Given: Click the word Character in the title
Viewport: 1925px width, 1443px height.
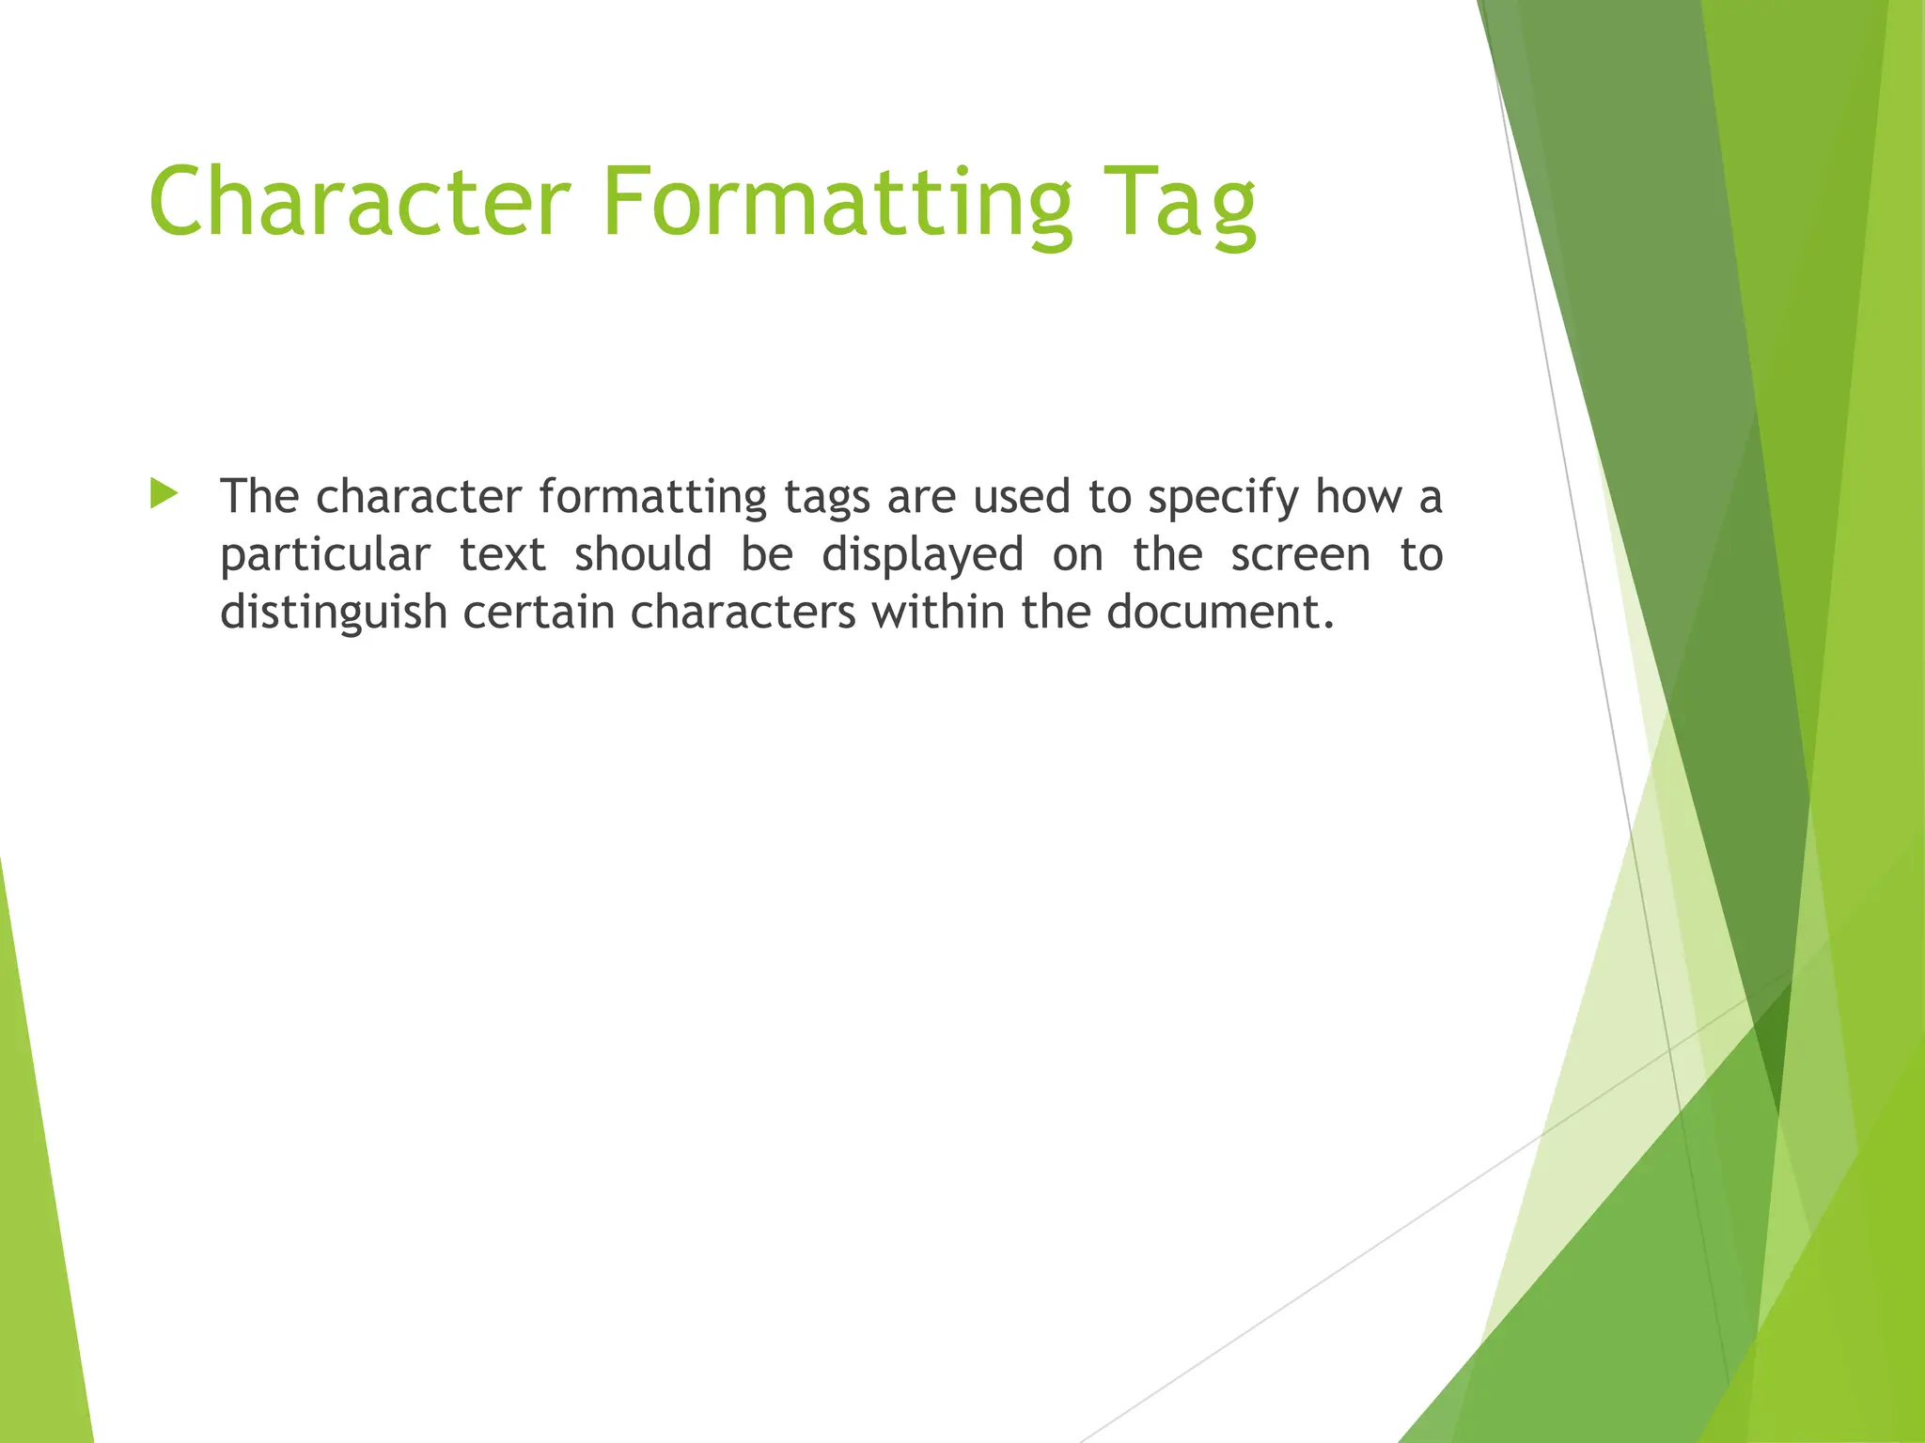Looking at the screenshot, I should coord(360,202).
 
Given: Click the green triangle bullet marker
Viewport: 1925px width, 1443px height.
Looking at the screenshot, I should coord(164,494).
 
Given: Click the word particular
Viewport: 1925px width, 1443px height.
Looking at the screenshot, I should coord(324,556).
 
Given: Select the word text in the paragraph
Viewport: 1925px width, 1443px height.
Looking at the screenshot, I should coord(502,554).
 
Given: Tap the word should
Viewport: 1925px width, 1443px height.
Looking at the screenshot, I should coord(643,554).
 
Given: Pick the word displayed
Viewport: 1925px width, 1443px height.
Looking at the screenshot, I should coord(922,556).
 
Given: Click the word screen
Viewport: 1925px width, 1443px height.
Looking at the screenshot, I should coord(1300,554).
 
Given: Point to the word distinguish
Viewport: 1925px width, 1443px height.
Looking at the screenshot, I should coord(333,613).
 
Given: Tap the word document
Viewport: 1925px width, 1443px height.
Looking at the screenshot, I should coord(1219,612).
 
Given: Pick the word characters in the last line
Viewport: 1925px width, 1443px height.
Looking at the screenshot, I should coord(743,612).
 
